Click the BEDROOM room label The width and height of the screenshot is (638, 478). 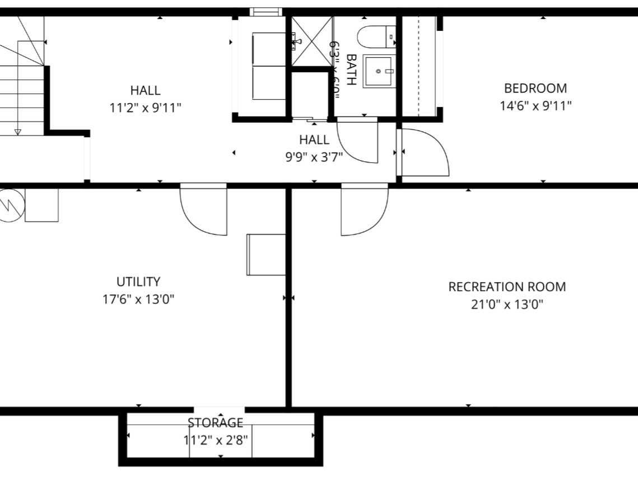(x=535, y=88)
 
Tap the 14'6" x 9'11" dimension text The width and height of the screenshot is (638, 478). (x=535, y=106)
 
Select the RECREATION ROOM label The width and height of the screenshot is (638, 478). (x=507, y=287)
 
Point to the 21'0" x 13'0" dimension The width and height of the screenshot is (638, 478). (x=507, y=305)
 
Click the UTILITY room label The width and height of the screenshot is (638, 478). (x=138, y=282)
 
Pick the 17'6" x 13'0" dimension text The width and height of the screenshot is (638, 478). (x=138, y=299)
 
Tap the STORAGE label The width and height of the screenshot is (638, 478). (x=216, y=423)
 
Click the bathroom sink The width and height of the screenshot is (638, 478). (x=380, y=71)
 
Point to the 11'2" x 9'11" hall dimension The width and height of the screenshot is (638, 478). (x=145, y=107)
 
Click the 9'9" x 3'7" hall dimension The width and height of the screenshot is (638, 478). (x=314, y=157)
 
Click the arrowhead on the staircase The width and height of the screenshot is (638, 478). (x=17, y=132)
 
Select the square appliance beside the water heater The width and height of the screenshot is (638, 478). (x=41, y=205)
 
